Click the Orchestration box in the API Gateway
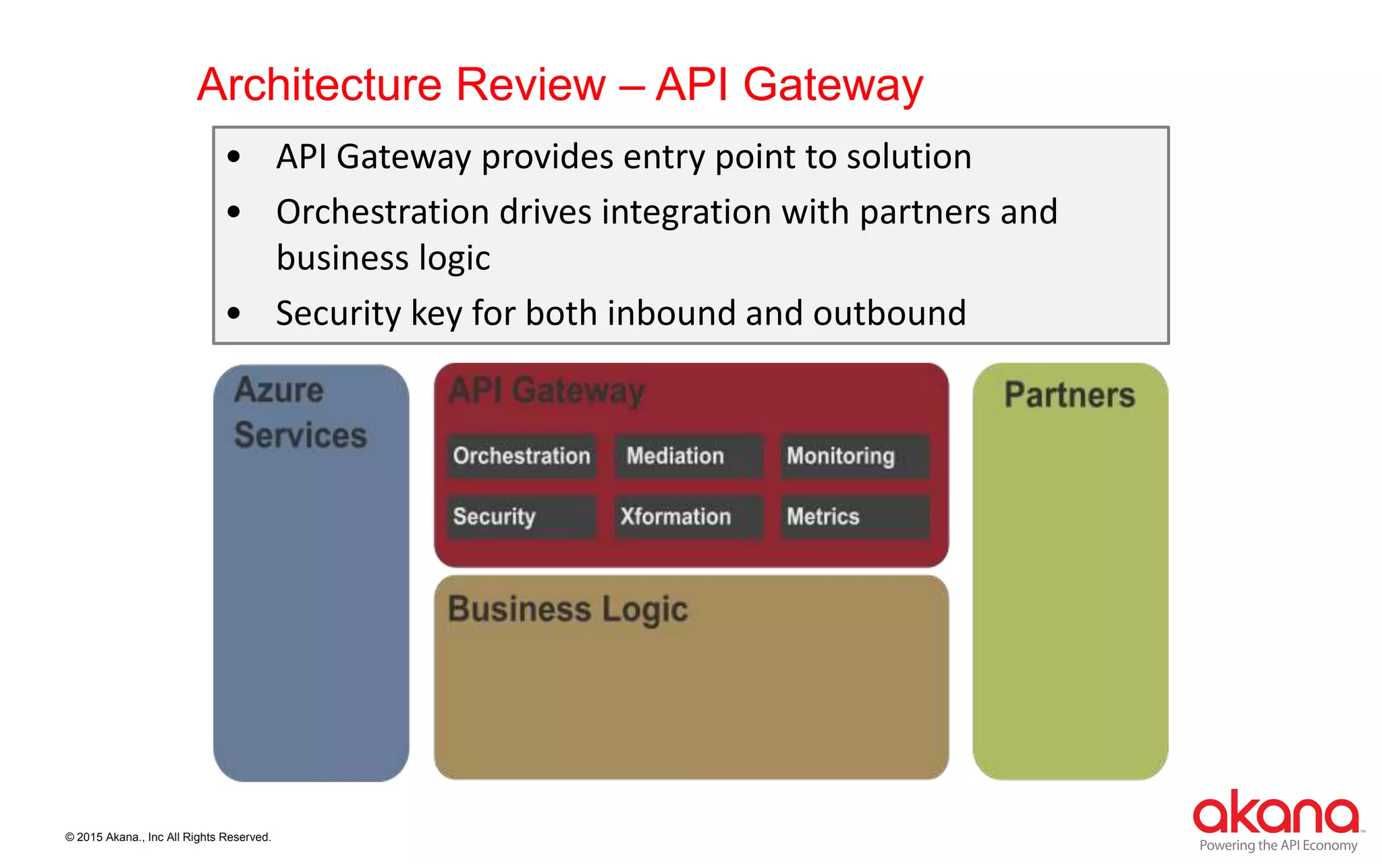pyautogui.click(x=522, y=456)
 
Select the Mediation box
pyautogui.click(x=688, y=456)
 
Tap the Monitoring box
pyautogui.click(x=854, y=456)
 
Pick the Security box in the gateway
pyautogui.click(x=522, y=517)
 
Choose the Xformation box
pyautogui.click(x=688, y=517)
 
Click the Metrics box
pyautogui.click(x=854, y=517)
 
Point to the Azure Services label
pyautogui.click(x=300, y=412)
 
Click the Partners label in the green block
pyautogui.click(x=1070, y=395)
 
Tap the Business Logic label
pyautogui.click(x=568, y=609)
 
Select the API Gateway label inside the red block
pyautogui.click(x=547, y=391)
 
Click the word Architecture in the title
pyautogui.click(x=319, y=85)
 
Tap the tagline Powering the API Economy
pyautogui.click(x=1278, y=845)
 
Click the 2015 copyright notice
pyautogui.click(x=168, y=837)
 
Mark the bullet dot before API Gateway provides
pyautogui.click(x=234, y=157)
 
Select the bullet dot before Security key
pyautogui.click(x=234, y=313)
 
